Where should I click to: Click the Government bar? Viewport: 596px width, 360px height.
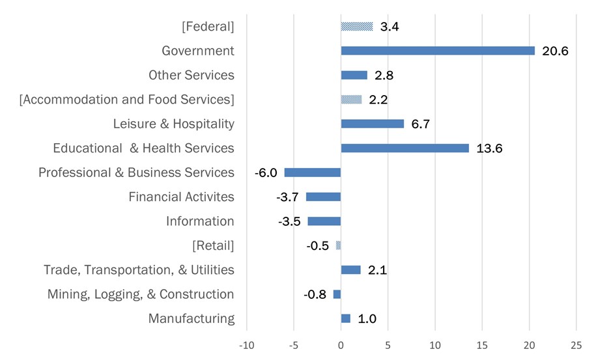438,51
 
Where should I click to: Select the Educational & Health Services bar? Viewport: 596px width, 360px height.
404,148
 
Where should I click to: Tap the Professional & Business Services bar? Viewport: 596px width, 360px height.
313,173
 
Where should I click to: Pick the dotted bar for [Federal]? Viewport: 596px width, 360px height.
357,27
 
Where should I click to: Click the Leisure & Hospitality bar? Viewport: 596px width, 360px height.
372,124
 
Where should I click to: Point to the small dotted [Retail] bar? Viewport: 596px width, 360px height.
338,245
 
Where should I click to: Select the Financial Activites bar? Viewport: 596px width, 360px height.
323,197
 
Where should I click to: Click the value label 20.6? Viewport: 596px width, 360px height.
555,51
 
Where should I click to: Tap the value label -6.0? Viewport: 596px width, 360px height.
266,173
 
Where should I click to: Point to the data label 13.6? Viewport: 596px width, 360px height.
489,148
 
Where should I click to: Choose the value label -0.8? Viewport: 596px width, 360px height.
315,294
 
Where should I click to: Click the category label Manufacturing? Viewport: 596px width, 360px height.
191,318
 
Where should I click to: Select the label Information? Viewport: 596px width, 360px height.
200,221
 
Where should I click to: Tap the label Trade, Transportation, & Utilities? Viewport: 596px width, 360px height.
139,270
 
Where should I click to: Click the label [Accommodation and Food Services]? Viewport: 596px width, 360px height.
127,100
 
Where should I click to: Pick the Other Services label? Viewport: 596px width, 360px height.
191,75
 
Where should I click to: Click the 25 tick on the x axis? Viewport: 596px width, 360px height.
576,344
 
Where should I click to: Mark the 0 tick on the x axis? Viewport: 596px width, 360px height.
341,344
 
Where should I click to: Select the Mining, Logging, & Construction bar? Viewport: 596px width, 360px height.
337,294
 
